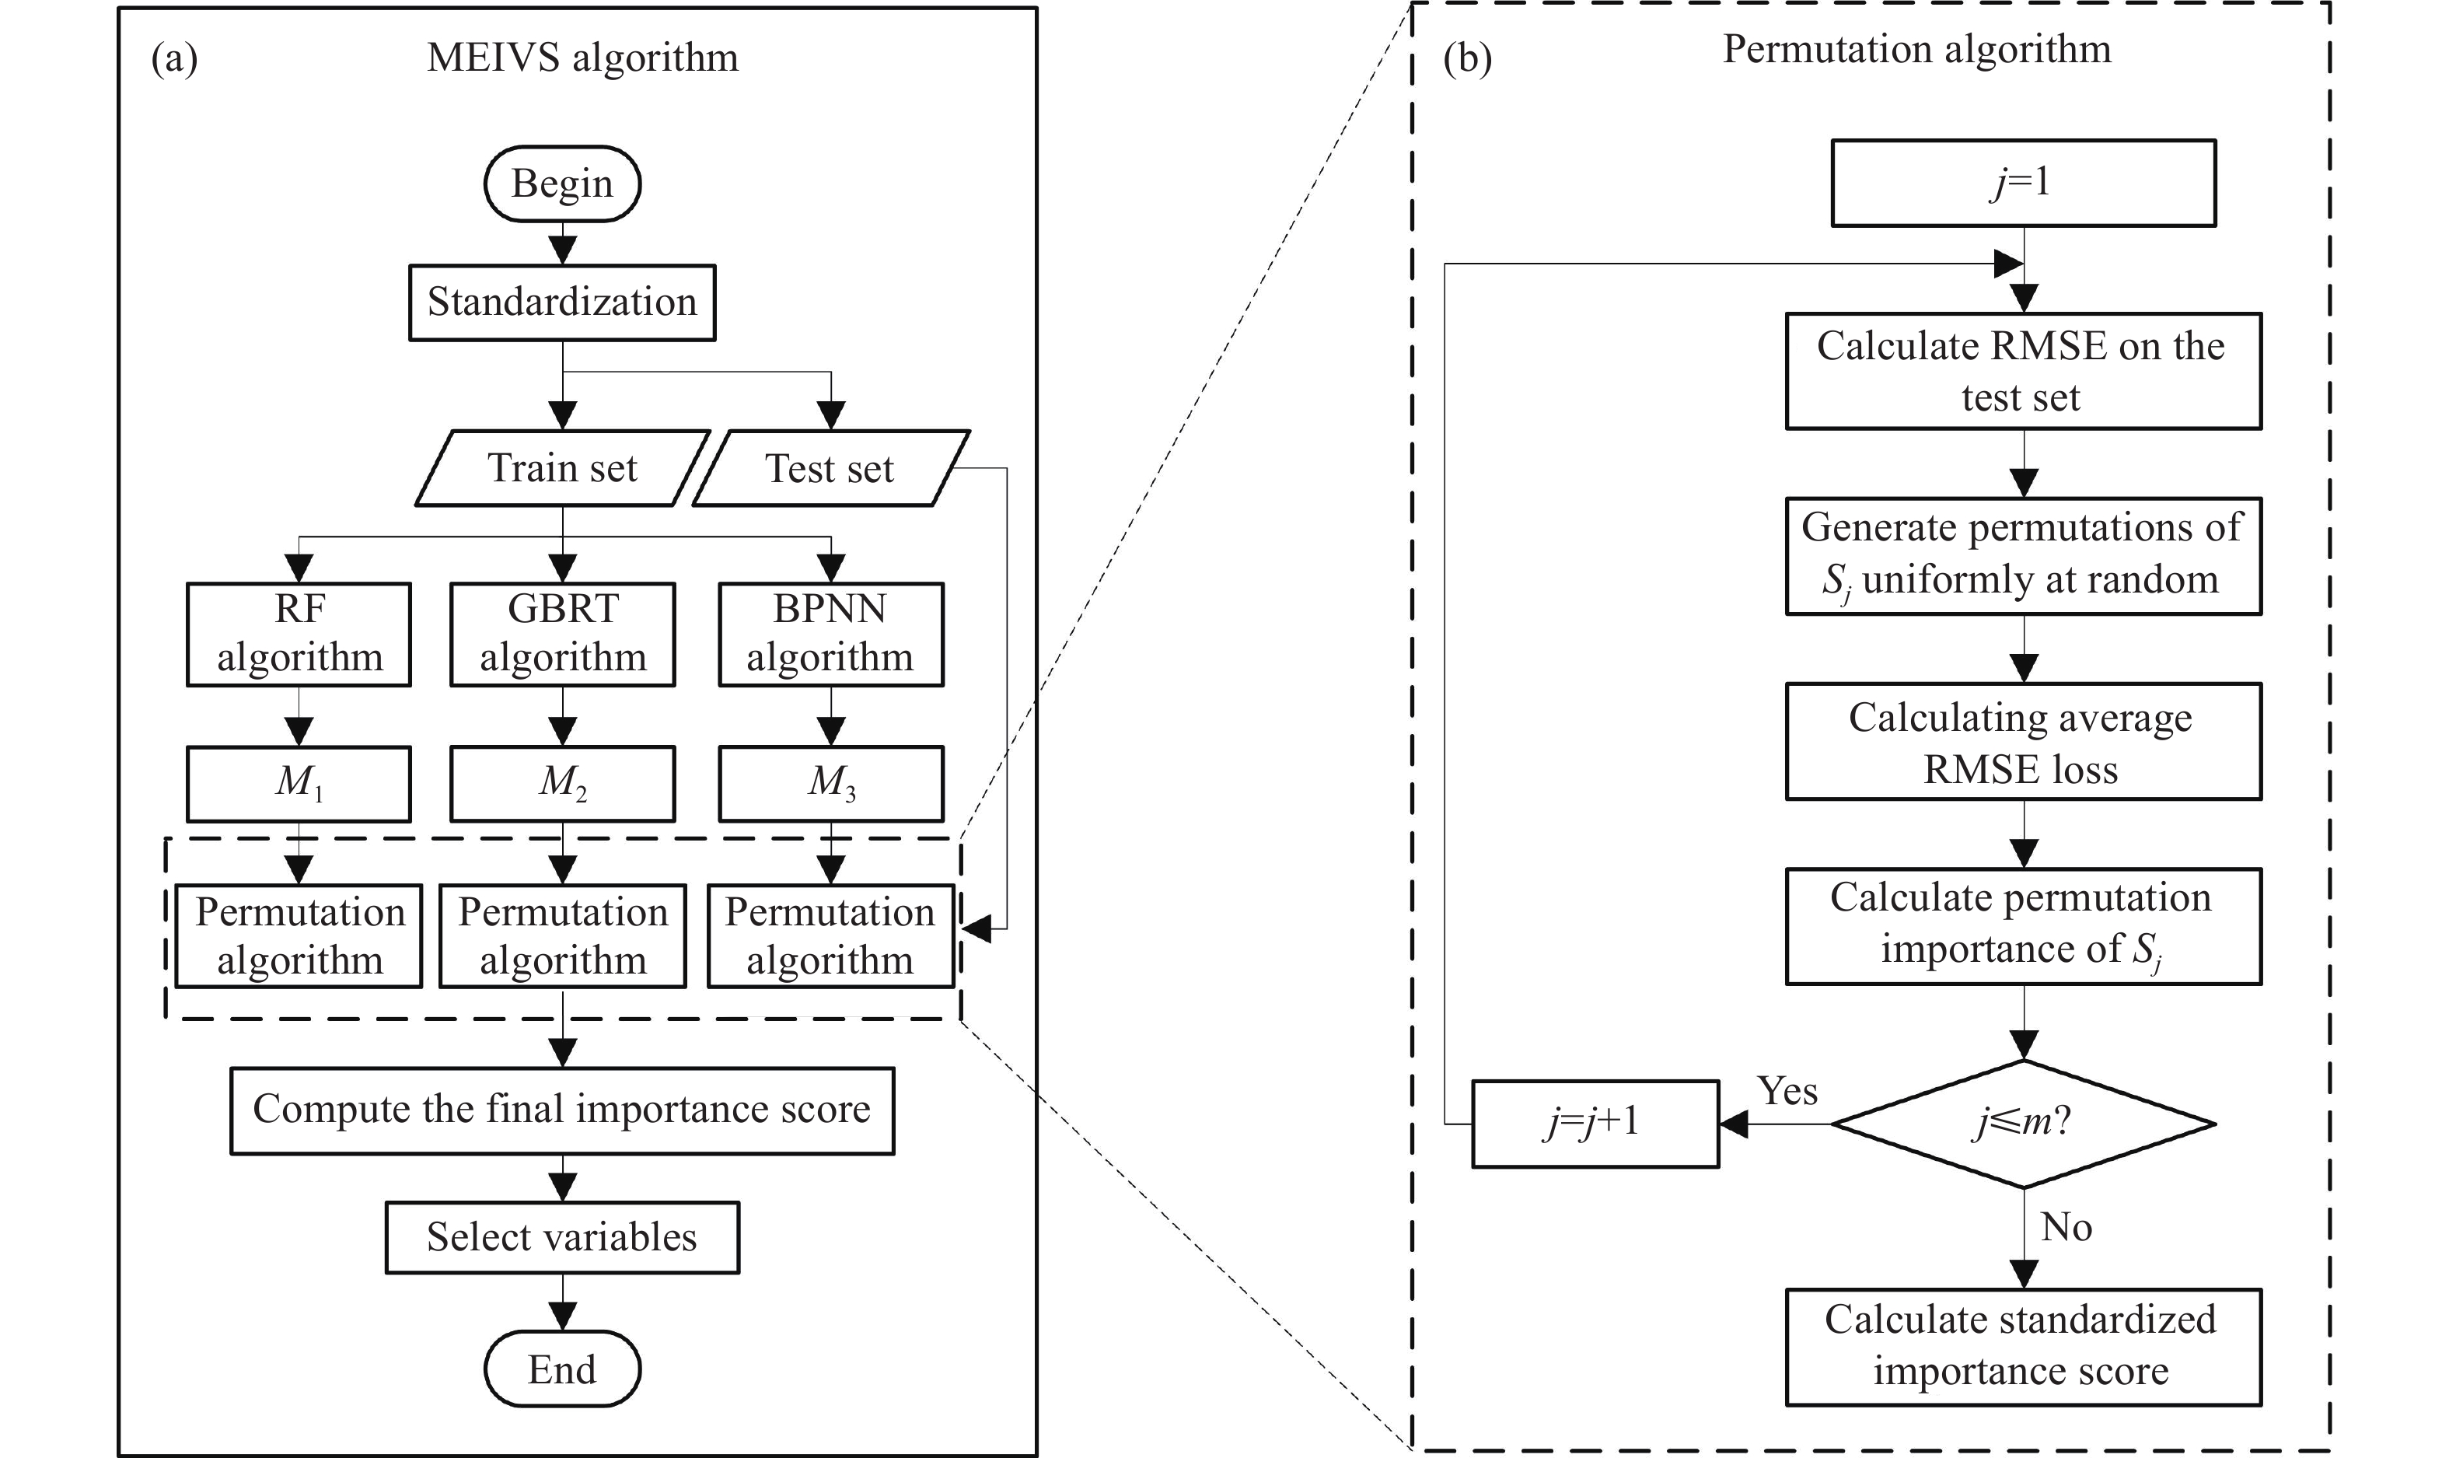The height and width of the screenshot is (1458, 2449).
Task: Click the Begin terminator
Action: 562,184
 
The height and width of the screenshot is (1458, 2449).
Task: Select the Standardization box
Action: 562,302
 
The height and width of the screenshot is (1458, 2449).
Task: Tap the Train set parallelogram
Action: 562,467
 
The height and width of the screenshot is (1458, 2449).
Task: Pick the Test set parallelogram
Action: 831,467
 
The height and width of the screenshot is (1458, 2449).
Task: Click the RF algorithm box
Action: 299,634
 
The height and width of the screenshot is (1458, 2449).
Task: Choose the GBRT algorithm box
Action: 563,634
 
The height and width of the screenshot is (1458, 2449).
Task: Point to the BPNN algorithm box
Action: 831,634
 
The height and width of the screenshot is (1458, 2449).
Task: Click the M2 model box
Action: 563,783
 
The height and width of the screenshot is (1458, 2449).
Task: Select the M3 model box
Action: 831,783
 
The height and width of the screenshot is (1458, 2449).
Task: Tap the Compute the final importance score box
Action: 562,1110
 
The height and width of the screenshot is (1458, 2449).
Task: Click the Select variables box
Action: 562,1237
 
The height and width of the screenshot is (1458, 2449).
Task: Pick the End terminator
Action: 562,1369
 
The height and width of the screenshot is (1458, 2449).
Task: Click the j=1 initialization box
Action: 2023,183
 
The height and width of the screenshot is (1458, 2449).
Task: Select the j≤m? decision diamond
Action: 2024,1123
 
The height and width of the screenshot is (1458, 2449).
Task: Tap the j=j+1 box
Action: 1595,1123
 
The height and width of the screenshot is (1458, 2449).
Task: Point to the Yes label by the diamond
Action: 1787,1090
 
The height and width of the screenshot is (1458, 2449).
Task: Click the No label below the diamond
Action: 2066,1227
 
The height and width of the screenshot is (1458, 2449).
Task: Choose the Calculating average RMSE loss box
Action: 2024,742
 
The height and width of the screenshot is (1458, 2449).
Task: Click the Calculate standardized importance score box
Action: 2024,1347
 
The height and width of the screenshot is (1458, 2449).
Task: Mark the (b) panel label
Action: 1466,59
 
